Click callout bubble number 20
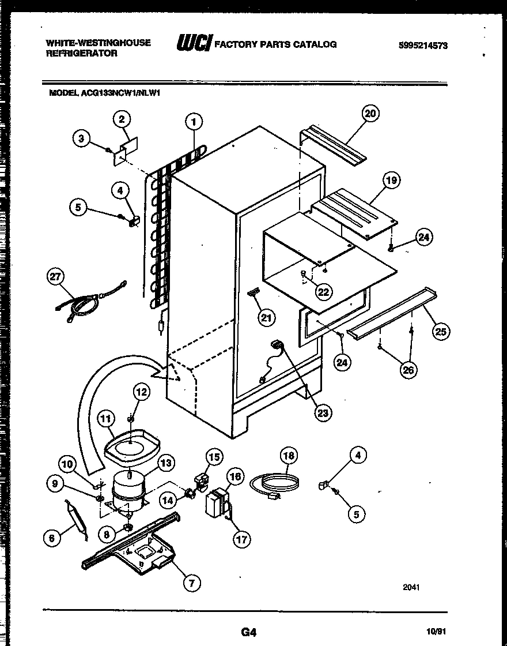click(370, 114)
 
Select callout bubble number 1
click(194, 122)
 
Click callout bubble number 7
click(192, 583)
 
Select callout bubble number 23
click(323, 412)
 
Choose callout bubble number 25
click(442, 332)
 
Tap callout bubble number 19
click(391, 181)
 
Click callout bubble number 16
click(235, 476)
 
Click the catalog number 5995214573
click(422, 46)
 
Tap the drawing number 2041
click(411, 587)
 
